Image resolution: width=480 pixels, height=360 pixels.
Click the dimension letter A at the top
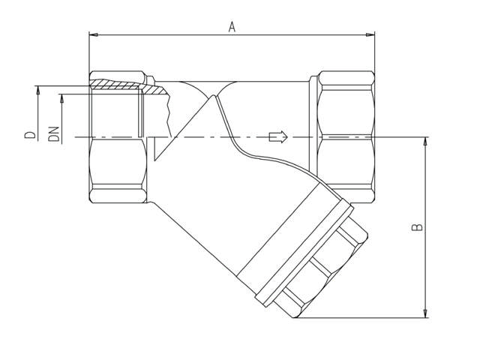click(232, 27)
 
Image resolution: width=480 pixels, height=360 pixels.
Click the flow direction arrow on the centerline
click(277, 136)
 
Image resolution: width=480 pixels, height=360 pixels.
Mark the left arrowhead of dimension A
click(93, 34)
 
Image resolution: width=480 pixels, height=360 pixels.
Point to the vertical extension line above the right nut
click(374, 52)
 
